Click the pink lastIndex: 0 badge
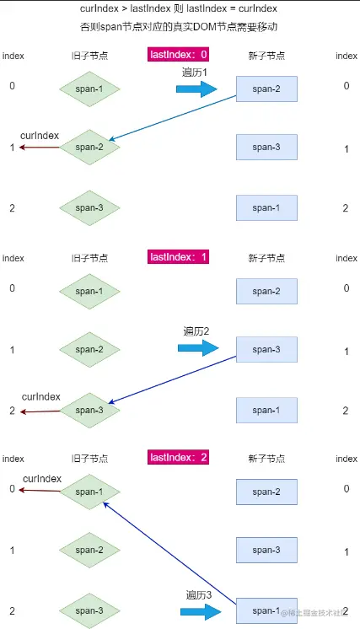click(x=178, y=55)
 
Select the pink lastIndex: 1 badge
click(x=178, y=257)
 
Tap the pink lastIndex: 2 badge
click(x=178, y=458)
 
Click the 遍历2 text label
click(x=196, y=331)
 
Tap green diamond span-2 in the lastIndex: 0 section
click(x=89, y=148)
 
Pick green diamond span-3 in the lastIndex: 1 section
click(x=89, y=410)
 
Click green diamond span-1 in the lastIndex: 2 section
click(x=89, y=492)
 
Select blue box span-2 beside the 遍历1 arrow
click(x=266, y=89)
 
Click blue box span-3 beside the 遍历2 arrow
click(x=266, y=349)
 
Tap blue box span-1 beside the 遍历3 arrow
click(x=266, y=610)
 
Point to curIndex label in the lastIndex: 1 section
click(x=41, y=395)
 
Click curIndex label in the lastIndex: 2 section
click(x=42, y=478)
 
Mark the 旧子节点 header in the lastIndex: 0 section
click(x=89, y=56)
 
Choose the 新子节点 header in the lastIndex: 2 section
click(x=266, y=459)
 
